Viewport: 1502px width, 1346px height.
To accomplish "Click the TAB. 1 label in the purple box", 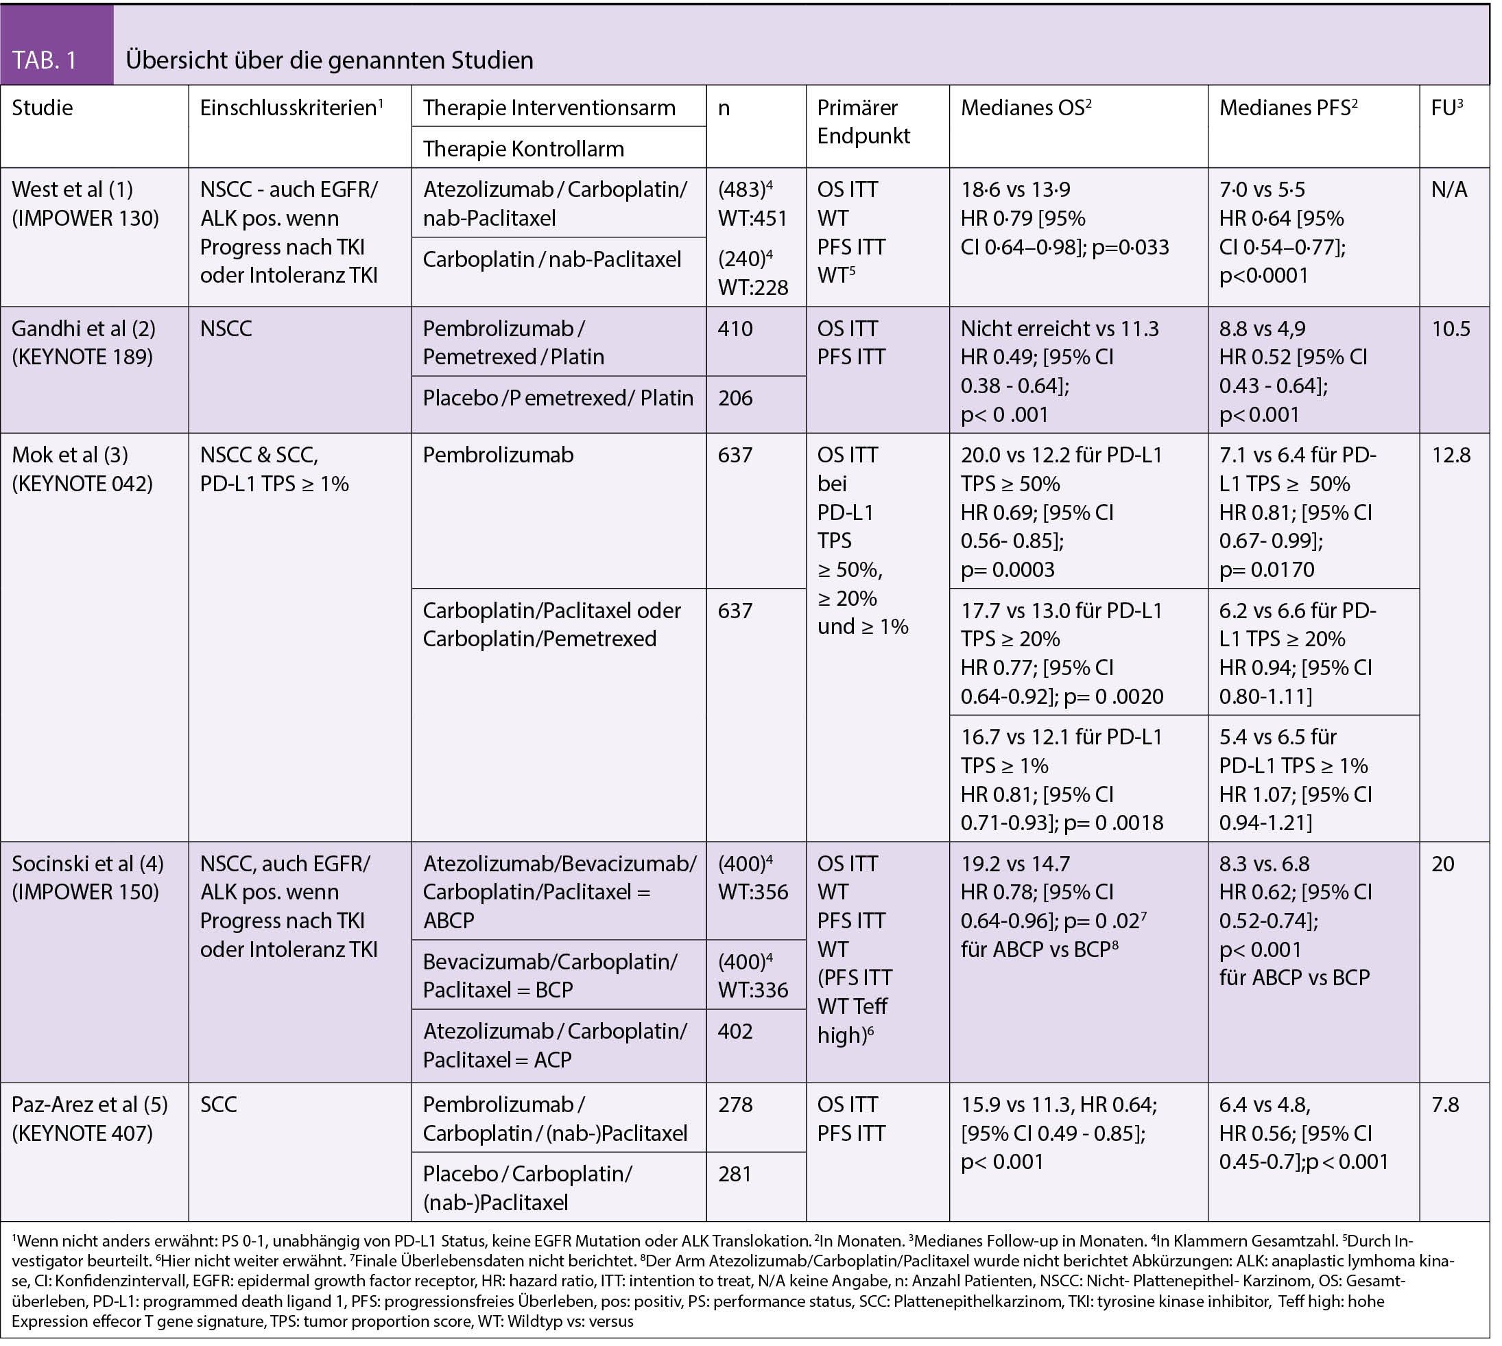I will click(45, 60).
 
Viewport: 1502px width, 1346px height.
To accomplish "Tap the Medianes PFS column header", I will click(1289, 108).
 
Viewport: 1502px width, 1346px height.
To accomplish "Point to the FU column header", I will click(1446, 108).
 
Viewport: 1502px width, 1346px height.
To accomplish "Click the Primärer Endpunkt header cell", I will click(863, 122).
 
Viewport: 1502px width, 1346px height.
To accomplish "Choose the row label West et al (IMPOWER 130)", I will click(85, 203).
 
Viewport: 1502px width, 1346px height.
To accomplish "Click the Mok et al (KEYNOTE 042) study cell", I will click(82, 469).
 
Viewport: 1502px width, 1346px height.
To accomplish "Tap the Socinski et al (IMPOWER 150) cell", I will click(87, 877).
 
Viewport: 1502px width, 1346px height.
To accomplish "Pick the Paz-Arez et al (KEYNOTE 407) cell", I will click(89, 1118).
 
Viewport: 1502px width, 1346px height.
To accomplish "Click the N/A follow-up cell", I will click(1449, 189).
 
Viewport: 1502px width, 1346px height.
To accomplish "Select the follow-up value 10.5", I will click(1451, 329).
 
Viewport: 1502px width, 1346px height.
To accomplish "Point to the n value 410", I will click(735, 329).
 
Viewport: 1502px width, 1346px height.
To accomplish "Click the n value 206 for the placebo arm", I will click(735, 398).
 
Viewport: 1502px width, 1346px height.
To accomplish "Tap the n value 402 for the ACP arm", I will click(735, 1031).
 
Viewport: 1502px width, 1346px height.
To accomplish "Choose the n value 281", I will click(735, 1174).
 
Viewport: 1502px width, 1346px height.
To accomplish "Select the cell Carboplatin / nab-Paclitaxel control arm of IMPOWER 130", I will click(551, 259).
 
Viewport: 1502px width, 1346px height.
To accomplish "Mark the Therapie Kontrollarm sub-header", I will click(523, 149).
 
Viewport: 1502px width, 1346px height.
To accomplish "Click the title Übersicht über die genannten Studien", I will click(330, 60).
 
